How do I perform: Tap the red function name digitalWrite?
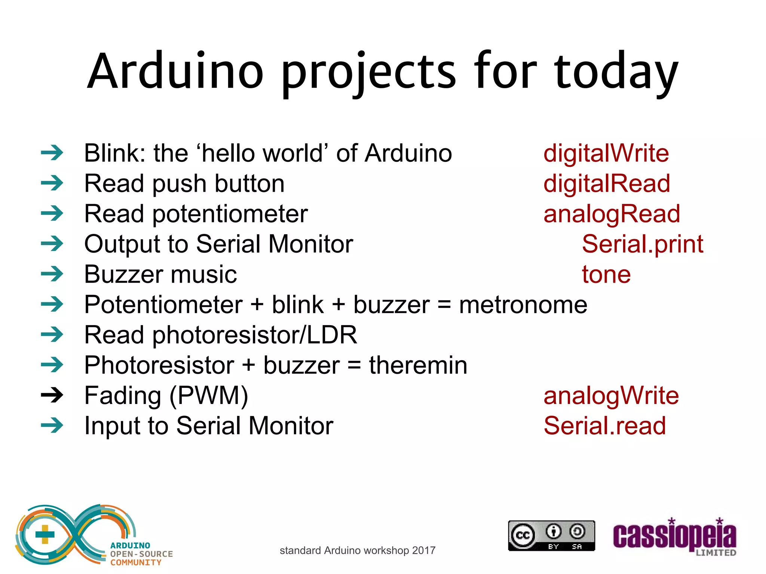606,153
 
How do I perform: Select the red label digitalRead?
607,183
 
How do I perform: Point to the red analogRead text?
612,214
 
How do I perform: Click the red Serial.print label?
642,244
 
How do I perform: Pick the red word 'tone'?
606,274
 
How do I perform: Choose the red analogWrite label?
611,396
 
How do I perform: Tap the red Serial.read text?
604,426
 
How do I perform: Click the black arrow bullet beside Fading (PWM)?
52,395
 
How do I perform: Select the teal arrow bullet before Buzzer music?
52,274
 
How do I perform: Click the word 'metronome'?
523,305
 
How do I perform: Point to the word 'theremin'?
418,365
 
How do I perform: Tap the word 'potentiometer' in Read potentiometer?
230,214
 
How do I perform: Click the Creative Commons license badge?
551,536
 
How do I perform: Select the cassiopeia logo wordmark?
674,537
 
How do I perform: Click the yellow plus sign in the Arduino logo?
45,534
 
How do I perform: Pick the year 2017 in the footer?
424,550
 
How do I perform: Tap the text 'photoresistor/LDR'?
254,335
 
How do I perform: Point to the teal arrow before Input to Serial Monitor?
52,425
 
